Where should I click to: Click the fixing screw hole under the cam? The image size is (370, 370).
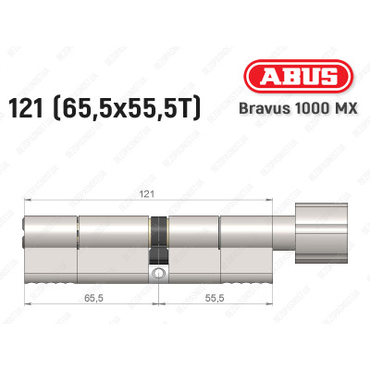pos(160,275)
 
